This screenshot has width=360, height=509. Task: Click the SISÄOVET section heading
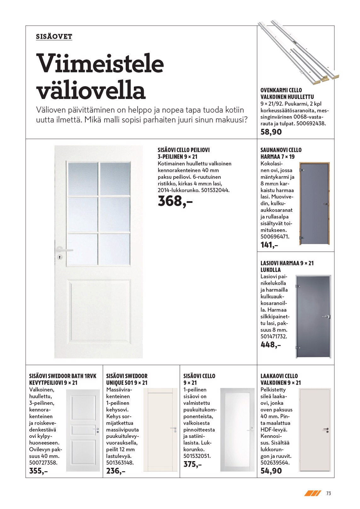coord(54,37)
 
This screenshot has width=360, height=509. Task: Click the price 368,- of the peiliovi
coord(175,201)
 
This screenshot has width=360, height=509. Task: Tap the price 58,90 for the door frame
coord(271,132)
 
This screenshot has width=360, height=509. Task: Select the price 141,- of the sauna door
coord(269,245)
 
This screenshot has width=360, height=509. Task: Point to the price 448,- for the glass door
coord(270,345)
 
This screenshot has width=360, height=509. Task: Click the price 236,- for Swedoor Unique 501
coord(116,471)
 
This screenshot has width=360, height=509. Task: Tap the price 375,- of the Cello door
coord(192,464)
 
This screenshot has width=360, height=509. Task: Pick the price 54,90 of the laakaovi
coord(271,471)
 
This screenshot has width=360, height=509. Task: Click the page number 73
coord(329,493)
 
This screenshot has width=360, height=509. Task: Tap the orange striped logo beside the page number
coord(312,493)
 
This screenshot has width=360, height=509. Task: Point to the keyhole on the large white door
coord(60,257)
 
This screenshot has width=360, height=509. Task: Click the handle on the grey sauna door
coord(325,204)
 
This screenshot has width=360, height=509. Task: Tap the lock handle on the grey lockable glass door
coord(327,317)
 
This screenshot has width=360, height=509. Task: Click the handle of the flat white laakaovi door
coord(326,429)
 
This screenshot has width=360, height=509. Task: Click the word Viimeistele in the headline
coord(100,63)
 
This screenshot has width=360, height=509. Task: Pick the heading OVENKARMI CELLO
coord(281,90)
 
